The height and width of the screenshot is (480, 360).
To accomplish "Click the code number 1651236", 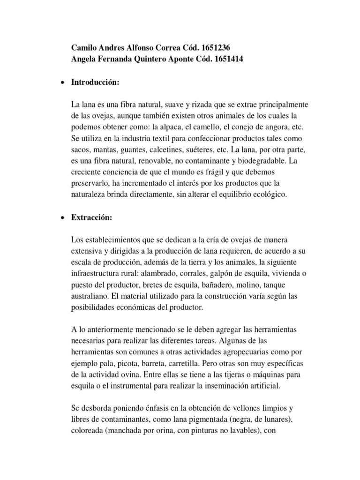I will pos(213,48).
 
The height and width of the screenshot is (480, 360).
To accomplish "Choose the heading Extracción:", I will pos(92,217).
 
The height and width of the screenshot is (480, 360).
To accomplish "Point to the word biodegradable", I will pos(260,161).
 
